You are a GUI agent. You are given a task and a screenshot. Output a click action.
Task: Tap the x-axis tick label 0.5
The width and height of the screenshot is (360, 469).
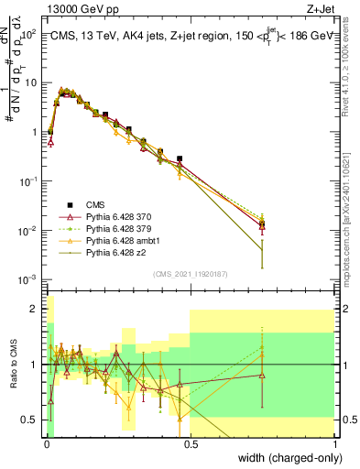(190, 443)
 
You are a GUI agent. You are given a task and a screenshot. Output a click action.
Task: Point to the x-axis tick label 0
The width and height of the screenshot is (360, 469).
(46, 443)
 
